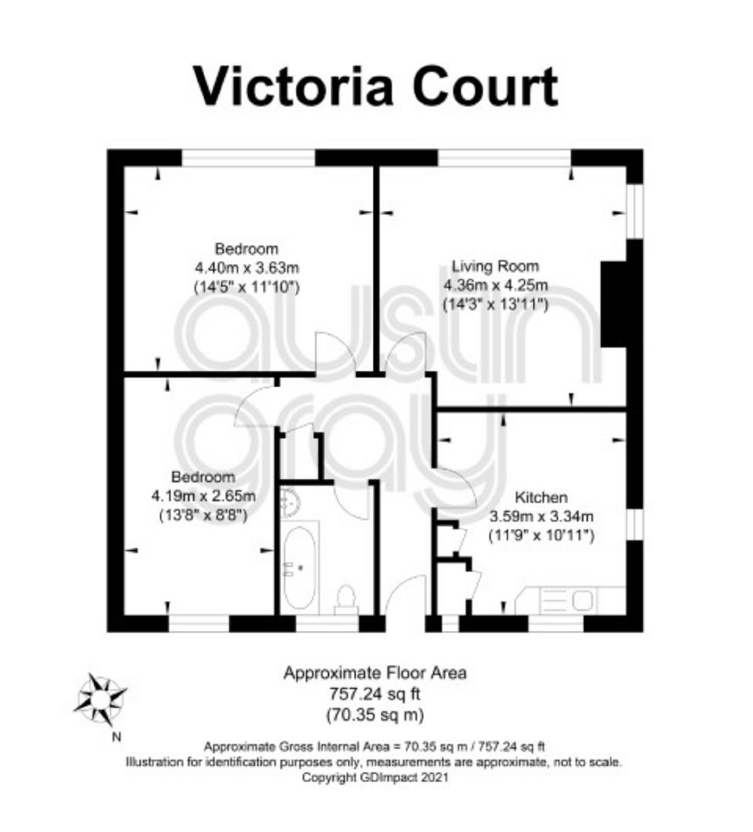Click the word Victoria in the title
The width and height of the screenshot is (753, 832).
click(294, 86)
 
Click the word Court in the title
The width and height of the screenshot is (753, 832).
click(486, 86)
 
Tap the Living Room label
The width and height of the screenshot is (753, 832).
click(495, 266)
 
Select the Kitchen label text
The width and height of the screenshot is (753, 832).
click(541, 497)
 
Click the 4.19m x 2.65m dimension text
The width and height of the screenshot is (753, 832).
click(203, 496)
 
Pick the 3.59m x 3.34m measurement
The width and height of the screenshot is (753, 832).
click(541, 515)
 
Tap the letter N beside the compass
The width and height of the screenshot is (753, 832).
click(117, 737)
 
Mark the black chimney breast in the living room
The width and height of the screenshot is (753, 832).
click(613, 304)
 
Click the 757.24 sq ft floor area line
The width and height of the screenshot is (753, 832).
click(375, 693)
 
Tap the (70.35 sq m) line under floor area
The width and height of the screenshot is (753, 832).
click(375, 714)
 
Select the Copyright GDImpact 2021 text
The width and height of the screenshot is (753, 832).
click(375, 777)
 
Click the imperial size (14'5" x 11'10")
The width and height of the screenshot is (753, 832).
click(247, 287)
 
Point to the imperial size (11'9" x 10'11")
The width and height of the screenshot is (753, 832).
click(541, 535)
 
